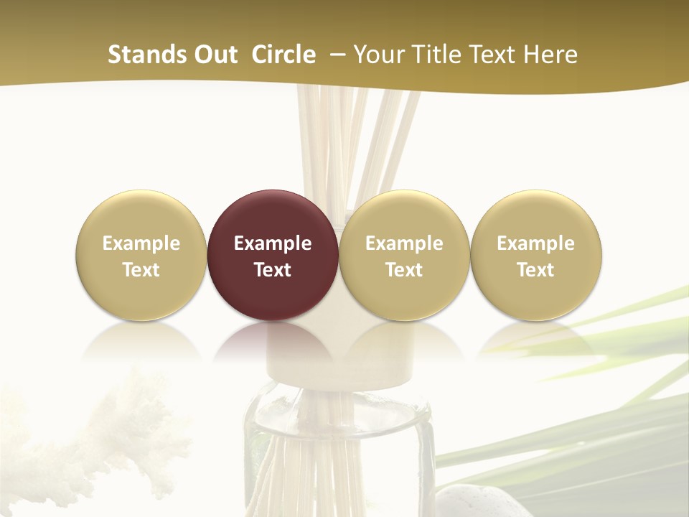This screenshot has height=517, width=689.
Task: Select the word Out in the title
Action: pyautogui.click(x=214, y=55)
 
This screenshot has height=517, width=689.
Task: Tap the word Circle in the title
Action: pyautogui.click(x=283, y=55)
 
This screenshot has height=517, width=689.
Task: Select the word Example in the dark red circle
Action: pyautogui.click(x=273, y=243)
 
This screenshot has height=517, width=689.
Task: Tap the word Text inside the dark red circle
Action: pyautogui.click(x=273, y=270)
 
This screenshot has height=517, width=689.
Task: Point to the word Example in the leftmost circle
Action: pyautogui.click(x=141, y=243)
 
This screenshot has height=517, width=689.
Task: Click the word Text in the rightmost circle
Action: pyautogui.click(x=536, y=270)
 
